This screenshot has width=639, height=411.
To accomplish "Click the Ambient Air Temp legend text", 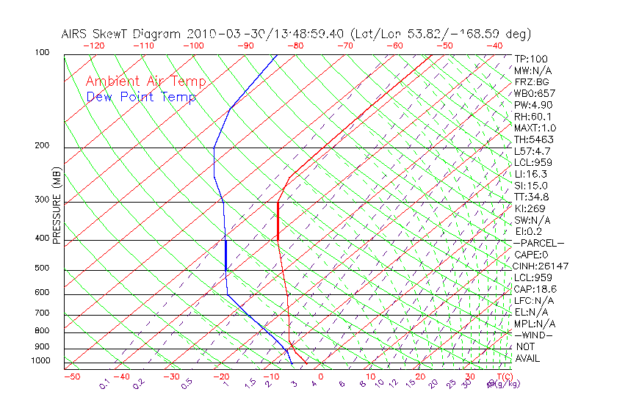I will tap(145, 81).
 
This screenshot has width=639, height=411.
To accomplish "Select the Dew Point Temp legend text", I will tap(141, 97).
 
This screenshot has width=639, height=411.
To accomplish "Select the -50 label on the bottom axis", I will tap(71, 377).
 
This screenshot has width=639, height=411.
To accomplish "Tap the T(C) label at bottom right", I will tap(502, 377).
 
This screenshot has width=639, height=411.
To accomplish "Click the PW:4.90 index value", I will tap(532, 104).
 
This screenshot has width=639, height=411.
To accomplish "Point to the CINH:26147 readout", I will tap(541, 266).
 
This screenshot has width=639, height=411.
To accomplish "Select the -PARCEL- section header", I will tap(538, 243).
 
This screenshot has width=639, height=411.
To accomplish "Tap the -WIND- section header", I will tap(534, 335).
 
